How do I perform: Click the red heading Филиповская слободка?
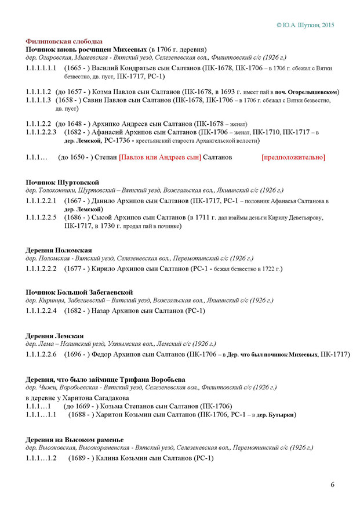(64, 42)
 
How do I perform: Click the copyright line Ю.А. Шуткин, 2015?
(305, 25)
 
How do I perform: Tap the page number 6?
(333, 484)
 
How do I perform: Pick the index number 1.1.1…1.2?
(41, 458)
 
